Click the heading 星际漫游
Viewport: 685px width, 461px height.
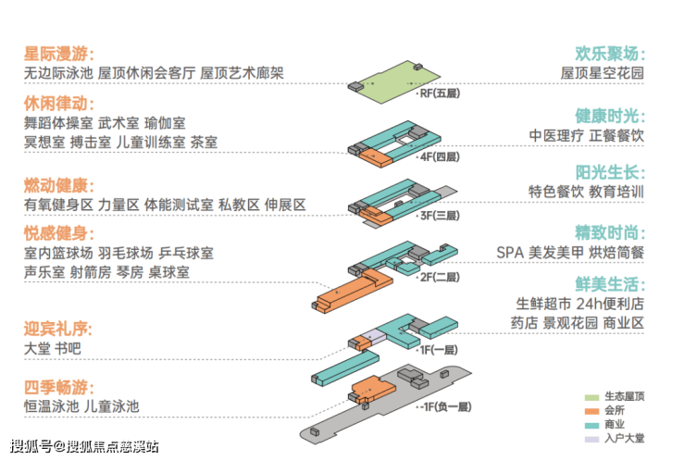point(58,54)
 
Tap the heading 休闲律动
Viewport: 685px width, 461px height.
point(58,102)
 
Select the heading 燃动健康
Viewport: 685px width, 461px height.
point(58,184)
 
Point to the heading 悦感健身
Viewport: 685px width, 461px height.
point(58,231)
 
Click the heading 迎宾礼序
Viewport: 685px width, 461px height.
point(58,329)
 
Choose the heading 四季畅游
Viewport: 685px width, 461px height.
point(58,386)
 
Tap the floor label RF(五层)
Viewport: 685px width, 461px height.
point(438,94)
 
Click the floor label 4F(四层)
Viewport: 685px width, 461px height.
point(439,158)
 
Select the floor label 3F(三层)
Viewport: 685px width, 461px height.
point(439,215)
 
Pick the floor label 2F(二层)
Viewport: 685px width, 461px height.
point(439,276)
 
